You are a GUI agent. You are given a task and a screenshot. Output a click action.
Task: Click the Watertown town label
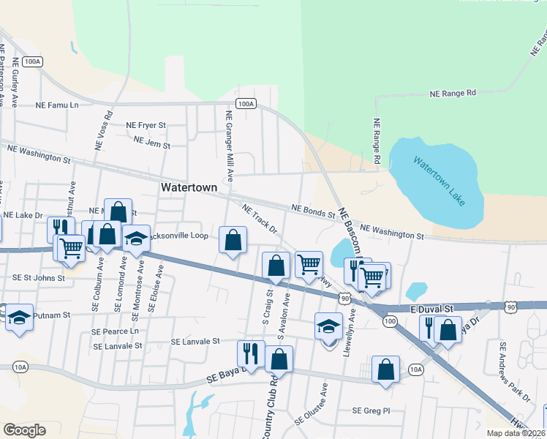coord(189,188)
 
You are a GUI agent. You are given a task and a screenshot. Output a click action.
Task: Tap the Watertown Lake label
coord(437,181)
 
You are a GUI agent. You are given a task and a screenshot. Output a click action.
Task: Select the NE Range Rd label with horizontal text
coord(453,94)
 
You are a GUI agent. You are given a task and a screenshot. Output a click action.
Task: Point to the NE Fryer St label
coord(147,125)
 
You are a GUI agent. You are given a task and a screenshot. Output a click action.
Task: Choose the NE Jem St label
coord(152,145)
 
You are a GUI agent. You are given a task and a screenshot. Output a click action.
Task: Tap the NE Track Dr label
coord(260,218)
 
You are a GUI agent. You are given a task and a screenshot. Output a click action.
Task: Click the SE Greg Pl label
coord(372,410)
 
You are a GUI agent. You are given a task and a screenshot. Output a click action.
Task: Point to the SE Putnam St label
coord(45,315)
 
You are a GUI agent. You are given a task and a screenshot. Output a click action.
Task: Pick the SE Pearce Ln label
coord(115,331)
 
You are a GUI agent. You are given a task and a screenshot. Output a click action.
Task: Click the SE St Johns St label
coord(39,277)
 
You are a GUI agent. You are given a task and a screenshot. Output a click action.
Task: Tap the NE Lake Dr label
coord(23,215)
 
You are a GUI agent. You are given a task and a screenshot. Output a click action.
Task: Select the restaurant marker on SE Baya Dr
coord(251,354)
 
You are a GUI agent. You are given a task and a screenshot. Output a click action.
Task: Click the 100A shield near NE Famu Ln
coord(246,104)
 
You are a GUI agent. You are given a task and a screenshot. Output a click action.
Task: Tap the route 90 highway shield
coord(345,299)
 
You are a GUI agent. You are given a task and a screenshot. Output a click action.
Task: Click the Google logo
coord(24,429)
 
